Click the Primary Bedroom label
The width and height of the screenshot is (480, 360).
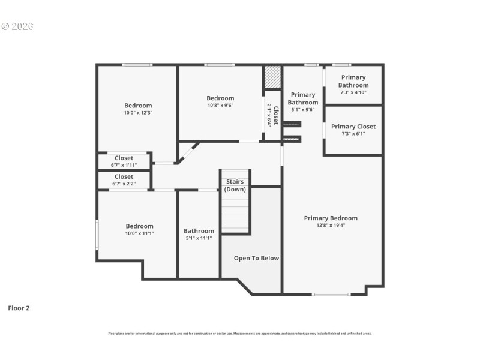pyautogui.click(x=330, y=218)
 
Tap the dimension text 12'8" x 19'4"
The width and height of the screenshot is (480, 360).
pyautogui.click(x=330, y=226)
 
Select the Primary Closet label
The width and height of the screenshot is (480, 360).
pyautogui.click(x=353, y=127)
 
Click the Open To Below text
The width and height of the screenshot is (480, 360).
pyautogui.click(x=256, y=258)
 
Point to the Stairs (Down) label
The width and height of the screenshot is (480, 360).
pyautogui.click(x=235, y=185)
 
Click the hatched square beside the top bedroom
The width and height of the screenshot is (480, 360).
pyautogui.click(x=272, y=77)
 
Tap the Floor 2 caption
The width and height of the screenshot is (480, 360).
pyautogui.click(x=19, y=308)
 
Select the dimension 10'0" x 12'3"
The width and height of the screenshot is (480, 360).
pyautogui.click(x=138, y=113)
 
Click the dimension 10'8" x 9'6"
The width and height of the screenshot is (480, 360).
pyautogui.click(x=220, y=106)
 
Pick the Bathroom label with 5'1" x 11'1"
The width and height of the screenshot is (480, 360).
pyautogui.click(x=199, y=231)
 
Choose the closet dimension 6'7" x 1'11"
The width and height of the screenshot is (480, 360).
pyautogui.click(x=124, y=165)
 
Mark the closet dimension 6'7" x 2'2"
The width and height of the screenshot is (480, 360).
pyautogui.click(x=124, y=184)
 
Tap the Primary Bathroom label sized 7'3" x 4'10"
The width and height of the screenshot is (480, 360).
pyautogui.click(x=353, y=81)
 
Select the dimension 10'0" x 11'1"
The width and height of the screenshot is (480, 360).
pyautogui.click(x=139, y=233)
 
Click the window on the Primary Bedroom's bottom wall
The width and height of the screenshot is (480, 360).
pyautogui.click(x=331, y=294)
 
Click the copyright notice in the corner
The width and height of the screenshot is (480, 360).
pyautogui.click(x=17, y=26)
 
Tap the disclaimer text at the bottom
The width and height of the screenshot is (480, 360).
pyautogui.click(x=240, y=333)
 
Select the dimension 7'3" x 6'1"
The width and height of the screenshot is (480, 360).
pyautogui.click(x=353, y=134)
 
